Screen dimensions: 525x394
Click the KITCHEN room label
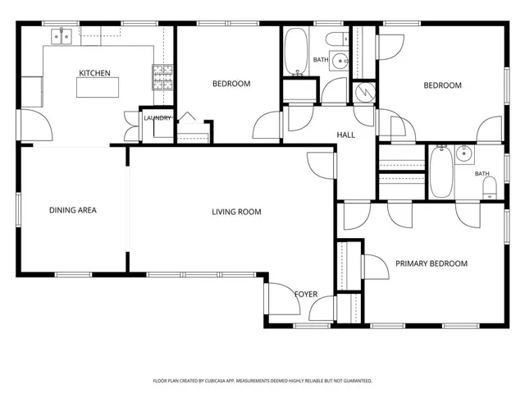click(x=94, y=73)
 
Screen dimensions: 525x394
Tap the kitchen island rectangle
click(x=98, y=88)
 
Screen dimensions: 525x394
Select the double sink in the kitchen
click(x=62, y=36)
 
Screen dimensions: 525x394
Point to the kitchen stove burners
click(x=162, y=77)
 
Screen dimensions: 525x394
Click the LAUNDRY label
click(x=157, y=118)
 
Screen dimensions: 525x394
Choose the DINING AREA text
click(x=73, y=210)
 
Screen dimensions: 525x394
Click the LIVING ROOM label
click(x=236, y=212)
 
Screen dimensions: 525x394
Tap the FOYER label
click(x=306, y=294)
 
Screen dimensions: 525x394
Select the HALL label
click(x=346, y=135)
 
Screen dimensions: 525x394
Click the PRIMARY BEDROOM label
click(x=431, y=263)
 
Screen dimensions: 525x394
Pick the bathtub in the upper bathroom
click(x=296, y=51)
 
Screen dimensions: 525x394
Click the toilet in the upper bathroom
click(x=338, y=39)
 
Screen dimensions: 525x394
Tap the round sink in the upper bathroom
click(x=340, y=61)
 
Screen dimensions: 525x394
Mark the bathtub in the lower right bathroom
click(x=441, y=172)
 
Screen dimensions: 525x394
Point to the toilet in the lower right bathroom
click(x=490, y=188)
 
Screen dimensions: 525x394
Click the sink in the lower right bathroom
click(x=465, y=154)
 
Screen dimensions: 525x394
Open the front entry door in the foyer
click(x=283, y=299)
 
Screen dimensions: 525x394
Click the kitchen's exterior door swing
click(x=36, y=125)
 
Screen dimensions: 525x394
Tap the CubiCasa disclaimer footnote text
click(x=262, y=381)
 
